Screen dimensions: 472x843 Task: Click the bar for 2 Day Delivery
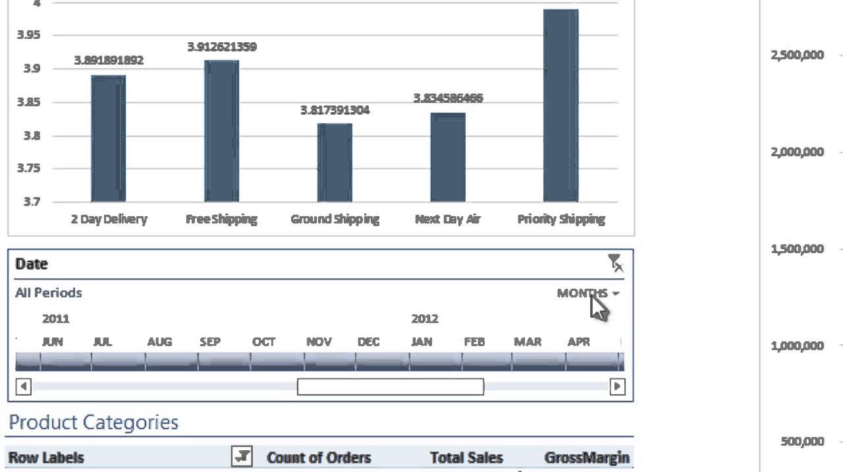pyautogui.click(x=108, y=138)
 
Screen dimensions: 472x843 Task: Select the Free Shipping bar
pyautogui.click(x=221, y=131)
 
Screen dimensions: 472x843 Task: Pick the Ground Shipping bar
pyautogui.click(x=335, y=163)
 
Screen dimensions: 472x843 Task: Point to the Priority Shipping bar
pyautogui.click(x=560, y=105)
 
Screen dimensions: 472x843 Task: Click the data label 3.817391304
pyautogui.click(x=335, y=110)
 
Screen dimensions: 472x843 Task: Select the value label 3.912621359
pyautogui.click(x=221, y=47)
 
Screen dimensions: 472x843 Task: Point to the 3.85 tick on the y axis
pyautogui.click(x=28, y=102)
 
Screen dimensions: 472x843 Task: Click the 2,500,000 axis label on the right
pyautogui.click(x=797, y=55)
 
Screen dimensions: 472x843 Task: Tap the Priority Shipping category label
pyautogui.click(x=560, y=219)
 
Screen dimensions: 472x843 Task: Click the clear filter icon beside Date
pyautogui.click(x=615, y=264)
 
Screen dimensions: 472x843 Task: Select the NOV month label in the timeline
pyautogui.click(x=319, y=341)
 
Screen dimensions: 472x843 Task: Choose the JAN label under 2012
pyautogui.click(x=421, y=341)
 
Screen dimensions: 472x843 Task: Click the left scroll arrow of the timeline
pyautogui.click(x=23, y=386)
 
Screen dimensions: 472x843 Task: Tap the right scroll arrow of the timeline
pyautogui.click(x=617, y=386)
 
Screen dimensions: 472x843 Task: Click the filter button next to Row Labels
pyautogui.click(x=242, y=456)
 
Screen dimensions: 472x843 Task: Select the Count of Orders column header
pyautogui.click(x=319, y=457)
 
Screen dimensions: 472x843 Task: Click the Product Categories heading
pyautogui.click(x=94, y=423)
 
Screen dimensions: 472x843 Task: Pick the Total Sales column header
pyautogui.click(x=466, y=457)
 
